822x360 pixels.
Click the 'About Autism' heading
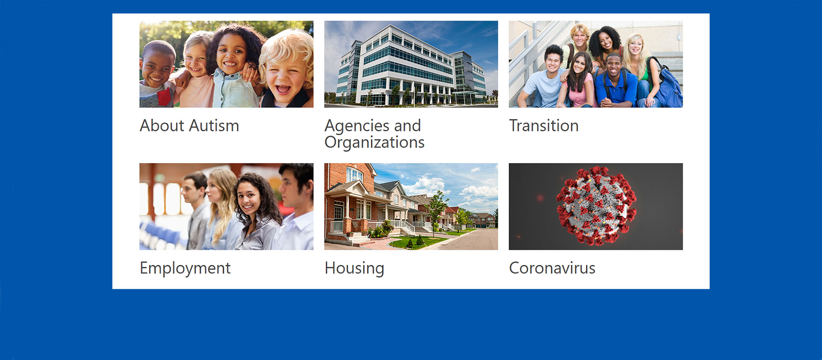click(x=189, y=126)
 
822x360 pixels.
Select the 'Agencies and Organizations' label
click(x=374, y=134)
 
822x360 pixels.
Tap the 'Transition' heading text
click(x=544, y=126)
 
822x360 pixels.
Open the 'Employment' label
click(x=185, y=268)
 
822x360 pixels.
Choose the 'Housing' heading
click(x=354, y=268)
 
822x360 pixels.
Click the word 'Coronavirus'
click(x=552, y=268)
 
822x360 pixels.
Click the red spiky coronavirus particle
click(x=596, y=206)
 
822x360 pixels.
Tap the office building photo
click(x=411, y=64)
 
